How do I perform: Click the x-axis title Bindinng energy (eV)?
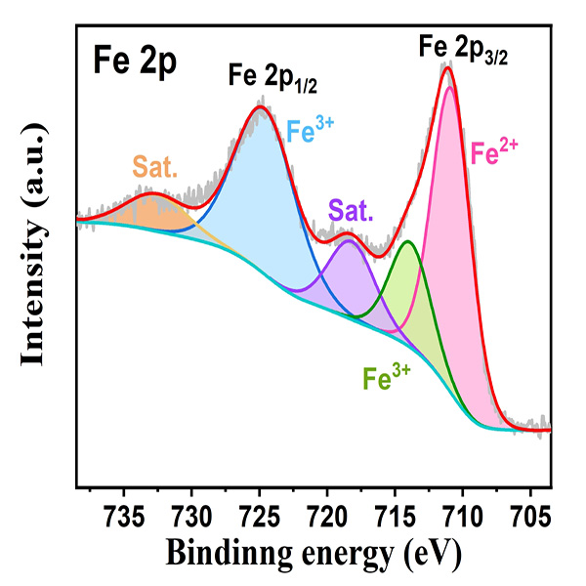click(x=312, y=553)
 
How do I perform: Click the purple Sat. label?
click(x=350, y=209)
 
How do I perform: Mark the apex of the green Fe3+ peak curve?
click(x=407, y=241)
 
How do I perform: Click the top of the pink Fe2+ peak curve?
click(x=449, y=87)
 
